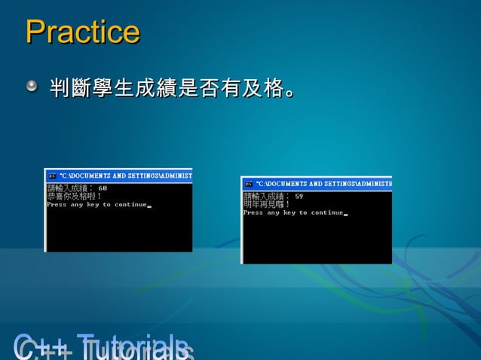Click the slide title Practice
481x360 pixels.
(82, 32)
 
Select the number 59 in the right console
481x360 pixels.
(299, 196)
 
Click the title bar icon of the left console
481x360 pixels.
(52, 175)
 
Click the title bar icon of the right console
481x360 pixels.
(248, 183)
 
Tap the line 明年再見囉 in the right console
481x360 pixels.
(267, 204)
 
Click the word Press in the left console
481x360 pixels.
(57, 204)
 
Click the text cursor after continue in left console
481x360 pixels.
(149, 206)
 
